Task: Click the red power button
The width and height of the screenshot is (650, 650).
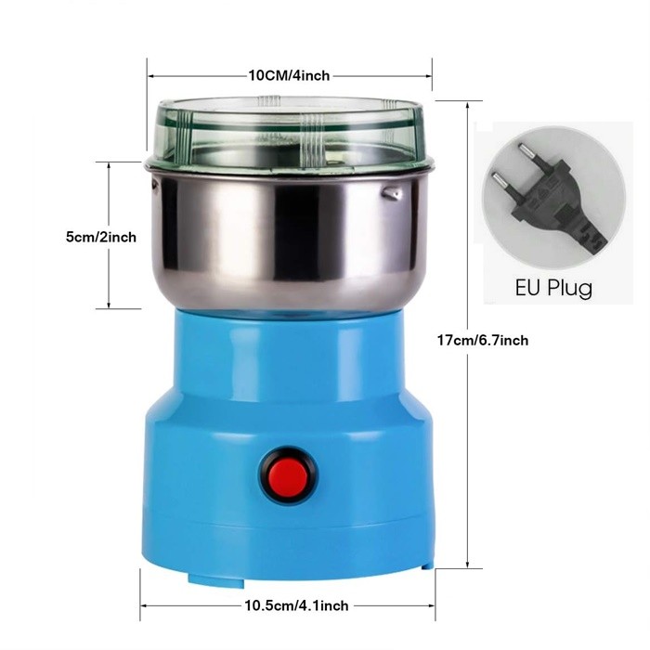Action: point(289,475)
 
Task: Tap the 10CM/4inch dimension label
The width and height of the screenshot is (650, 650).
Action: point(289,76)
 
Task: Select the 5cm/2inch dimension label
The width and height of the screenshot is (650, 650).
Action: point(101,237)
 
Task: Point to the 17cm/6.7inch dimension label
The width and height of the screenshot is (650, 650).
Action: point(483,341)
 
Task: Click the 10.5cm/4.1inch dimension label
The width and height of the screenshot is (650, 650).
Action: point(297,605)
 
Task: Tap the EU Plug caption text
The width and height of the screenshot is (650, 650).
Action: point(553,288)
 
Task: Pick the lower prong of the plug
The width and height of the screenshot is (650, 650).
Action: point(500,180)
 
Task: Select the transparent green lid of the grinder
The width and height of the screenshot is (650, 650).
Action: point(290,131)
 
